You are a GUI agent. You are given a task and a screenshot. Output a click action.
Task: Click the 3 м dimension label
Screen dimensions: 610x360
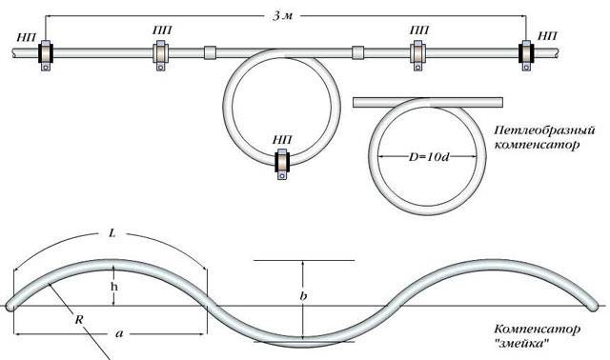[282, 16]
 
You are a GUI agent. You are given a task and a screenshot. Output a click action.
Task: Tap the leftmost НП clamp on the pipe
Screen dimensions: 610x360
[46, 55]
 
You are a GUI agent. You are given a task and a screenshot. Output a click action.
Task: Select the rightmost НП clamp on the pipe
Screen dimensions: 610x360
[526, 55]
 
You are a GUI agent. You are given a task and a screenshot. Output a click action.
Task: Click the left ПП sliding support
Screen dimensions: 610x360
[161, 55]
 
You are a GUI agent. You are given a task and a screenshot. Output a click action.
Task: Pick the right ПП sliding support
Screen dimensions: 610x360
[417, 55]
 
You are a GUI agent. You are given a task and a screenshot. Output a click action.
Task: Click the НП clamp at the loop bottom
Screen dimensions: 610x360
[282, 164]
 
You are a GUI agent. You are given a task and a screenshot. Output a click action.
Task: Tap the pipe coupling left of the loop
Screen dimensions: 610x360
[210, 52]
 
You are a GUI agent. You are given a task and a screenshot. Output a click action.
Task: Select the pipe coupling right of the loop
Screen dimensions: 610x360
[358, 52]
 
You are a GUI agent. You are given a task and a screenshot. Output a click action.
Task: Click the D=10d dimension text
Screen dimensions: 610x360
[428, 157]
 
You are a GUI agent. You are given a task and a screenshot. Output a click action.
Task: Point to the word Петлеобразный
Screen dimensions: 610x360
[544, 130]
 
